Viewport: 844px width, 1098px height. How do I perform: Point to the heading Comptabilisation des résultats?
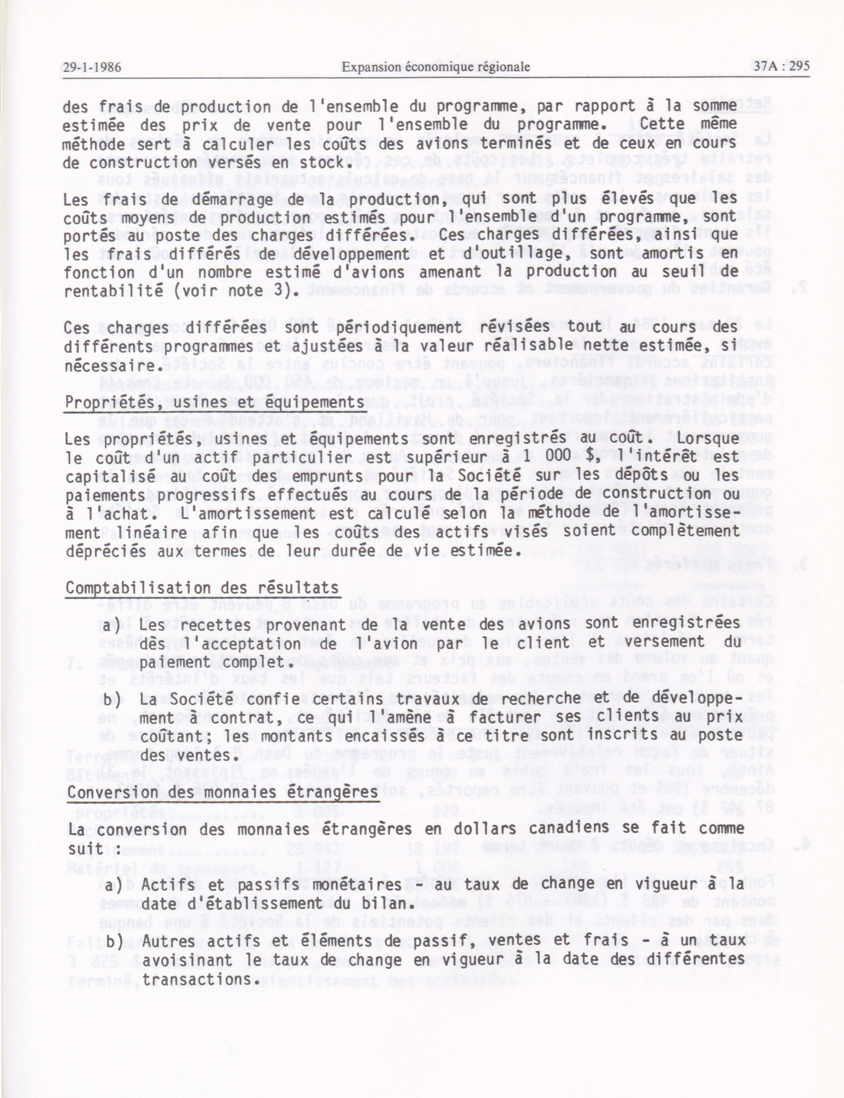coord(202,588)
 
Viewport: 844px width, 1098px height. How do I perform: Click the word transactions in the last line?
coord(195,979)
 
